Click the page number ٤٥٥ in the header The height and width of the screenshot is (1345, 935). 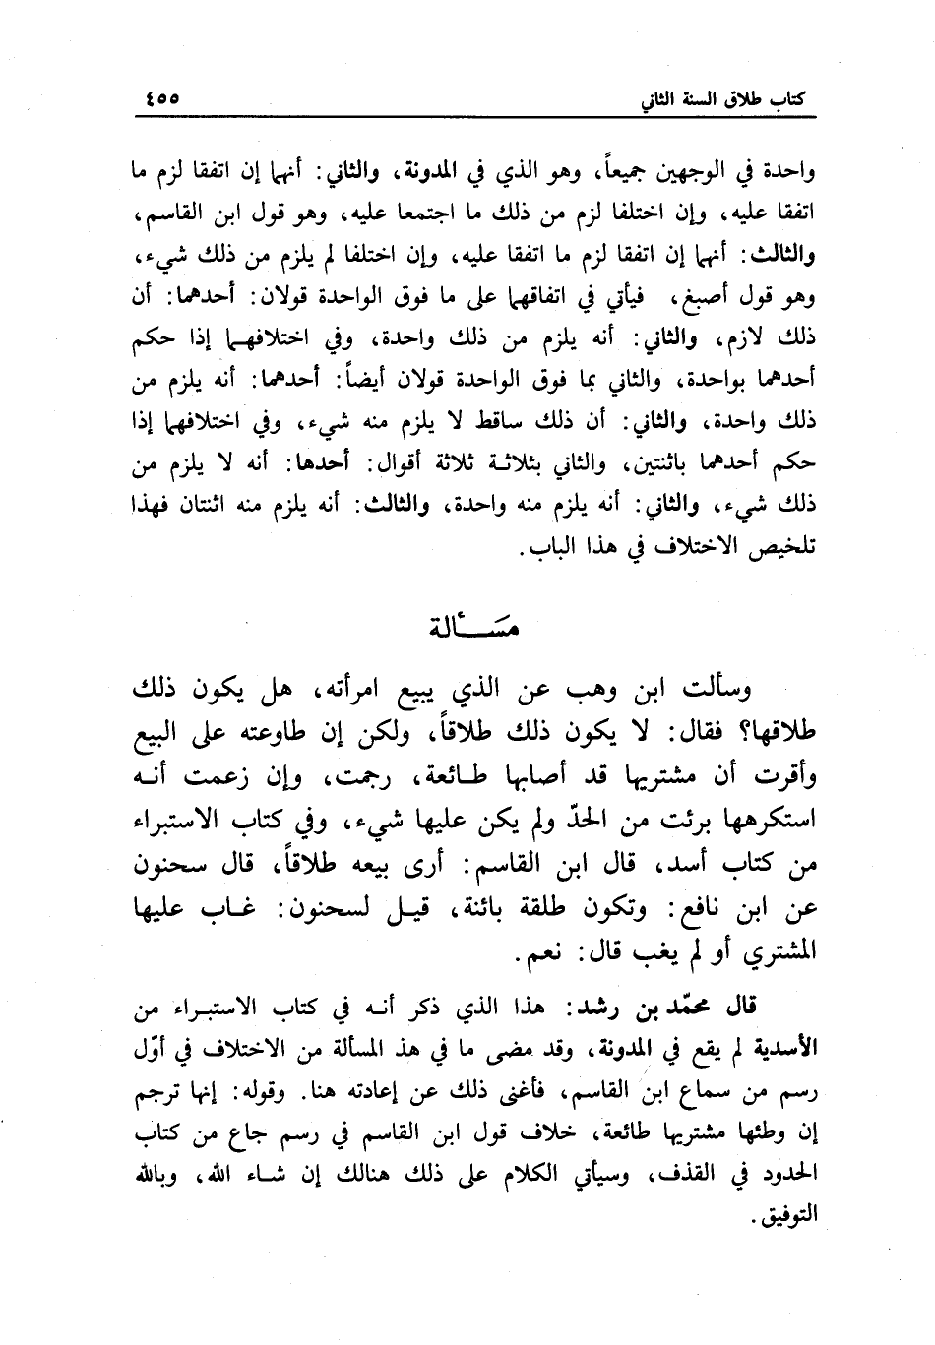[161, 98]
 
